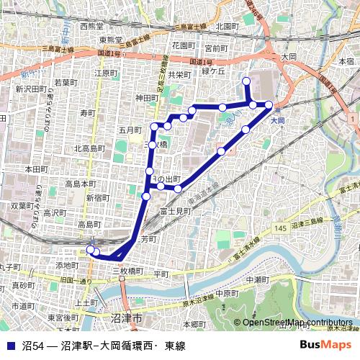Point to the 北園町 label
point(227,27)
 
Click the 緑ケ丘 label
point(214,71)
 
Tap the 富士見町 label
point(174,212)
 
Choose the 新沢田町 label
point(30,89)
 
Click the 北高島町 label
point(90,149)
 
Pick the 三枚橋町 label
point(128,271)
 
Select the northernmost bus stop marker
point(246,81)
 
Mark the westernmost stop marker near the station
point(91,250)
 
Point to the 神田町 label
point(146,98)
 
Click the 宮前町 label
point(215,48)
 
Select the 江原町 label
point(105,73)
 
